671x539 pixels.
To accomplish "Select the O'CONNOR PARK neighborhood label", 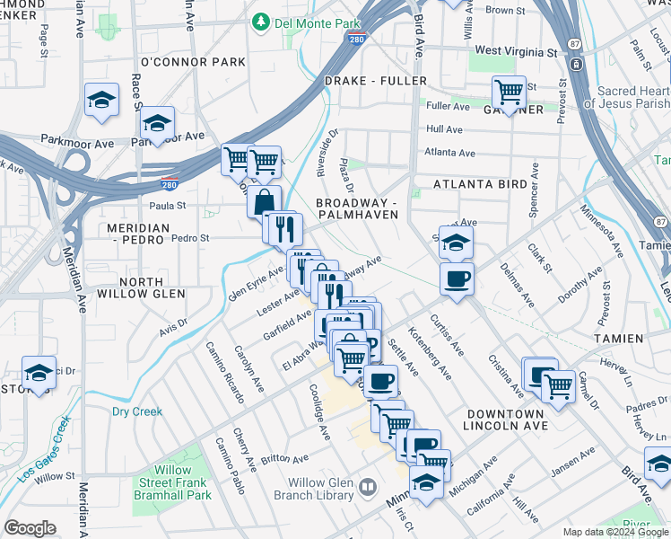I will click(193, 62).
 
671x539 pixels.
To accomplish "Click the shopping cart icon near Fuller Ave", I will click(509, 93).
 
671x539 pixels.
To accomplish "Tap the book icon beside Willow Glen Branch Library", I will click(367, 488).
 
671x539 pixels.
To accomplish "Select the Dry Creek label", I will click(137, 411).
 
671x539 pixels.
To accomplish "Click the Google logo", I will click(30, 528).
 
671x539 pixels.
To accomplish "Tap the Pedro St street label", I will click(189, 239).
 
